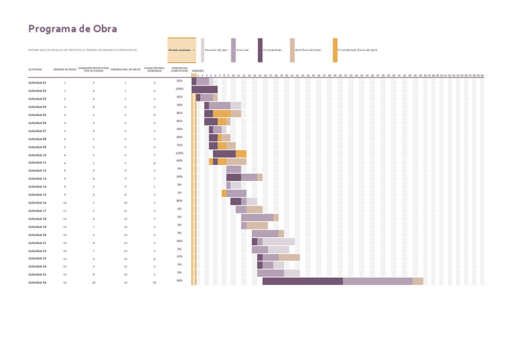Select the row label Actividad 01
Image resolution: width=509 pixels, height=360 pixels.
[37, 82]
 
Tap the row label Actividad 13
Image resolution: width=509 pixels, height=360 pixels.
[37, 178]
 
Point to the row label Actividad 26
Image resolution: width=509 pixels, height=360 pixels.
[37, 282]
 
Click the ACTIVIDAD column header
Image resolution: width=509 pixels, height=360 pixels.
[35, 70]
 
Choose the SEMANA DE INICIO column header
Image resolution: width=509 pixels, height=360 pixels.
[65, 70]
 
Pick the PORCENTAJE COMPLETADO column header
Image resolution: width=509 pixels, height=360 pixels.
[179, 69]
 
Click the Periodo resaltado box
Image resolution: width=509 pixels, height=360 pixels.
[182, 50]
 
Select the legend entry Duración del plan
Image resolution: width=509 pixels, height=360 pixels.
[216, 50]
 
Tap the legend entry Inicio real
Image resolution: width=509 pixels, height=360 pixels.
[243, 50]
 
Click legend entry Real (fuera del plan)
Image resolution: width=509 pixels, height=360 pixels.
[308, 50]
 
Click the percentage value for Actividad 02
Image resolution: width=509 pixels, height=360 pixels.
[180, 89]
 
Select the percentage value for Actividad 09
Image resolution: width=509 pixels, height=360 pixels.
[180, 145]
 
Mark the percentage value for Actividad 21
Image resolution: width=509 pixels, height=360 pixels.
[180, 241]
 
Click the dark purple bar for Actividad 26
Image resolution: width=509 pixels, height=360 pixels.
[302, 281]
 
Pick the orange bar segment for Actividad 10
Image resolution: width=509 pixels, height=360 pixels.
[241, 154]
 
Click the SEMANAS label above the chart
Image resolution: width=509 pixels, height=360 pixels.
[198, 70]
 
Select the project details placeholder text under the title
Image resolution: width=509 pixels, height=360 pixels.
[82, 50]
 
